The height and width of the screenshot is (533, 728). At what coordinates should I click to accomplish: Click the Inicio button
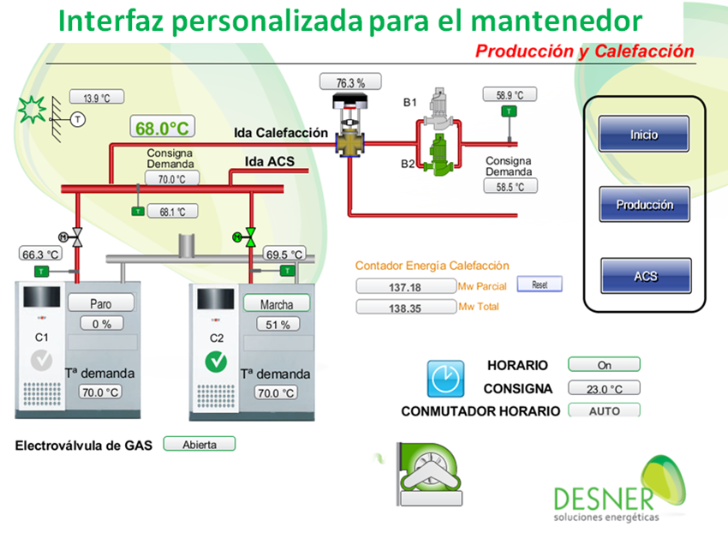pyautogui.click(x=643, y=134)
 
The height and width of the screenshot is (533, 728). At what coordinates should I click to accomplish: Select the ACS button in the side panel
pyautogui.click(x=646, y=276)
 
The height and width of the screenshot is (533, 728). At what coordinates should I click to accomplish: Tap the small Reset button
pyautogui.click(x=540, y=284)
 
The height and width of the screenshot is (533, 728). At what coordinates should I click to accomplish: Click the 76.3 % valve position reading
pyautogui.click(x=350, y=82)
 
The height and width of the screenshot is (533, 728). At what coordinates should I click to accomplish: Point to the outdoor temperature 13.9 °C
pyautogui.click(x=97, y=97)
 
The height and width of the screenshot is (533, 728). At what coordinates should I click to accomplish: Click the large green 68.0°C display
pyautogui.click(x=162, y=127)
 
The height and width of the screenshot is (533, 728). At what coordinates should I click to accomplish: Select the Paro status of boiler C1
pyautogui.click(x=101, y=303)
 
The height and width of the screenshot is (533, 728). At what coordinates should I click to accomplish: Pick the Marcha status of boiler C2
pyautogui.click(x=277, y=304)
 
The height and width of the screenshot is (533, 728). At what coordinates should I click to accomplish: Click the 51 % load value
pyautogui.click(x=277, y=325)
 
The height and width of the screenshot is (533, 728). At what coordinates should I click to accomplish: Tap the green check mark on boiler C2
pyautogui.click(x=216, y=362)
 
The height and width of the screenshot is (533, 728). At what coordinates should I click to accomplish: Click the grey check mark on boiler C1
pyautogui.click(x=41, y=361)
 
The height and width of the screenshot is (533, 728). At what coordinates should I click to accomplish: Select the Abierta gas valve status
pyautogui.click(x=200, y=444)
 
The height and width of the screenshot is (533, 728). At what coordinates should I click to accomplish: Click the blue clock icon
pyautogui.click(x=445, y=379)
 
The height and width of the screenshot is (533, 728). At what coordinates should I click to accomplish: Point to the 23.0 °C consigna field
pyautogui.click(x=604, y=388)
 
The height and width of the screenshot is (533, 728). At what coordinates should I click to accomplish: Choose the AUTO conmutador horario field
pyautogui.click(x=604, y=410)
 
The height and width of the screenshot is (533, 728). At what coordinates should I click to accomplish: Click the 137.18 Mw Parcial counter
pyautogui.click(x=405, y=286)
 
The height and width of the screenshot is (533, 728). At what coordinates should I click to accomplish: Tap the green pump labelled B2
pyautogui.click(x=438, y=155)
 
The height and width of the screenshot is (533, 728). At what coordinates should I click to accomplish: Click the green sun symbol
pyautogui.click(x=32, y=110)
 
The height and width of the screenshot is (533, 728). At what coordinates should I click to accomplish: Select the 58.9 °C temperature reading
pyautogui.click(x=510, y=94)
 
